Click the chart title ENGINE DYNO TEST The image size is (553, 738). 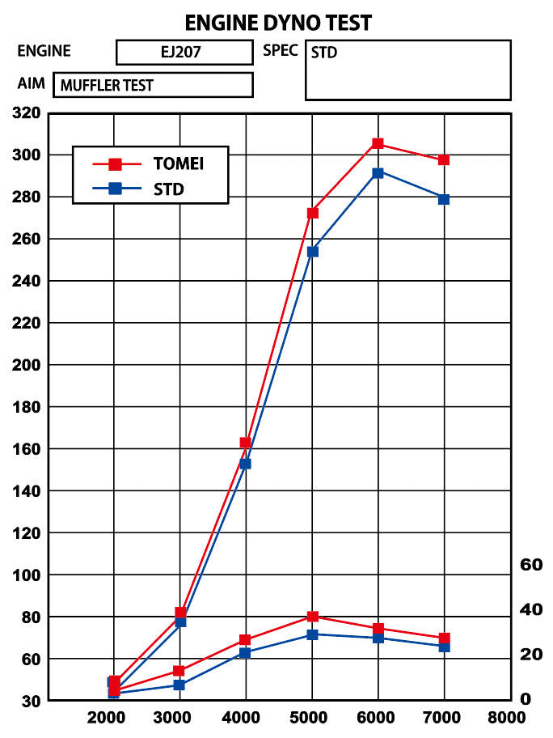277,22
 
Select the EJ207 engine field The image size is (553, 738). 184,53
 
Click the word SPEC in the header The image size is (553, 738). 281,51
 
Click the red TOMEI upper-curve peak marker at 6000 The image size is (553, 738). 378,144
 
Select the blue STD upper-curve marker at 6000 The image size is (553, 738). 378,172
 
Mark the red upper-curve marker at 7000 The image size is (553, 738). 444,160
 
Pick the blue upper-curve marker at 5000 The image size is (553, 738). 312,252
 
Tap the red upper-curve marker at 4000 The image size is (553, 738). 246,443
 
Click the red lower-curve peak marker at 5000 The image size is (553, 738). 312,617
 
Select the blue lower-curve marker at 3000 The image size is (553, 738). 179,685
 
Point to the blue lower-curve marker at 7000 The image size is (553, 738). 444,647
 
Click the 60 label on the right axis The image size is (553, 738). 531,564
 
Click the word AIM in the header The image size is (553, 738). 31,83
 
